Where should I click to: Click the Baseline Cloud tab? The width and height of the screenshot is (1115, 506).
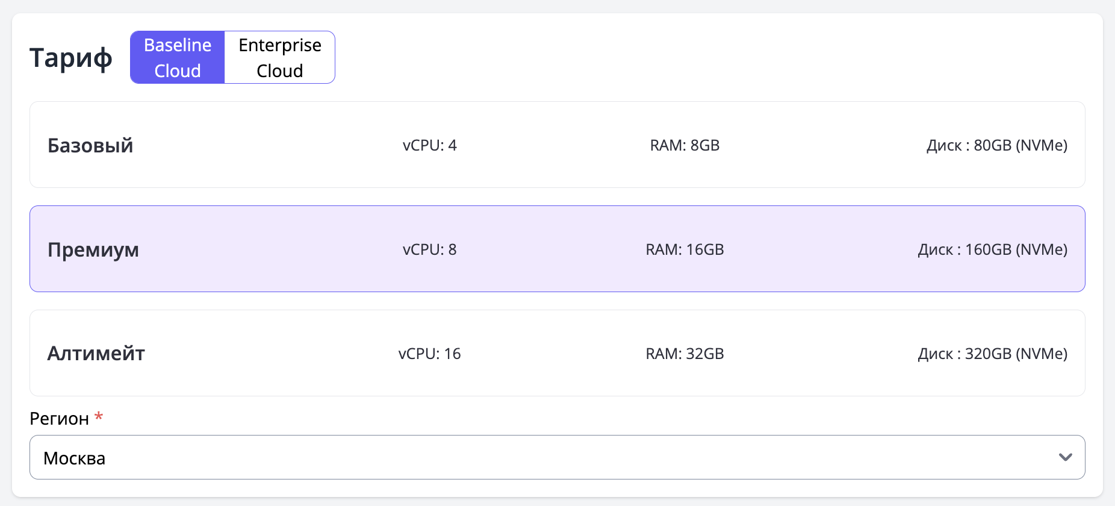click(178, 57)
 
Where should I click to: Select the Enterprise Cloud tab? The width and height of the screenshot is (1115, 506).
click(280, 57)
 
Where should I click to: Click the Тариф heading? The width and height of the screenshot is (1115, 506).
click(71, 58)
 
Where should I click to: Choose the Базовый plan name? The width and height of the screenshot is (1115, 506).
click(90, 145)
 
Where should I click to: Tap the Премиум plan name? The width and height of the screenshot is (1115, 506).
click(93, 250)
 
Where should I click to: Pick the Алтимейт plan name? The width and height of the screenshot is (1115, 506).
click(96, 354)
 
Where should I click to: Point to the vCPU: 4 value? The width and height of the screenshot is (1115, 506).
click(430, 145)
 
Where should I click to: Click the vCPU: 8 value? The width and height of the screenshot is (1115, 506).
click(430, 249)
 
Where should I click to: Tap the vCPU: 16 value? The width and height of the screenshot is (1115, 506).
click(430, 354)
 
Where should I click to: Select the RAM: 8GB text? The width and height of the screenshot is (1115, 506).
click(685, 145)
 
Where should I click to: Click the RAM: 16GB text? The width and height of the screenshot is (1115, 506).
click(685, 249)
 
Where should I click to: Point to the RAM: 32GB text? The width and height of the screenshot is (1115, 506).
click(685, 354)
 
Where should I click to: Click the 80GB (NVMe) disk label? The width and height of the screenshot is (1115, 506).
click(1020, 145)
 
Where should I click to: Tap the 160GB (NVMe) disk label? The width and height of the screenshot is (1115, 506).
click(1016, 249)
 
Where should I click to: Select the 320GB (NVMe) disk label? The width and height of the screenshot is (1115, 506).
click(1016, 354)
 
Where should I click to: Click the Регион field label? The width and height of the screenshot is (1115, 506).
click(59, 419)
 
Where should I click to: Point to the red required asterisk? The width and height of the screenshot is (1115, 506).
click(99, 416)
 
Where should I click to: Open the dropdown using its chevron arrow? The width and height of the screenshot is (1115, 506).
click(1066, 457)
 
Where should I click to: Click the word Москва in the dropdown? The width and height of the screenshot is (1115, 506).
click(75, 458)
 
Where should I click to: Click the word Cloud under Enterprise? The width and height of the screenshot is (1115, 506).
click(280, 70)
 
